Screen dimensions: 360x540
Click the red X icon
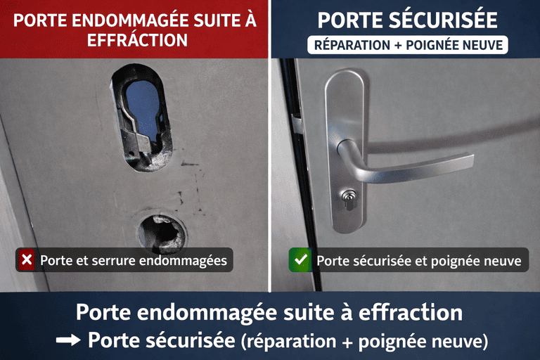pyautogui.click(x=27, y=260)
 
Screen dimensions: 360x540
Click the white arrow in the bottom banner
pyautogui.click(x=68, y=340)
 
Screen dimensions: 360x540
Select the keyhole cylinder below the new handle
pyautogui.click(x=349, y=202)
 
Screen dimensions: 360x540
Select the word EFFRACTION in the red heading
pyautogui.click(x=137, y=40)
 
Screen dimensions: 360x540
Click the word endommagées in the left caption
pyautogui.click(x=187, y=261)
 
